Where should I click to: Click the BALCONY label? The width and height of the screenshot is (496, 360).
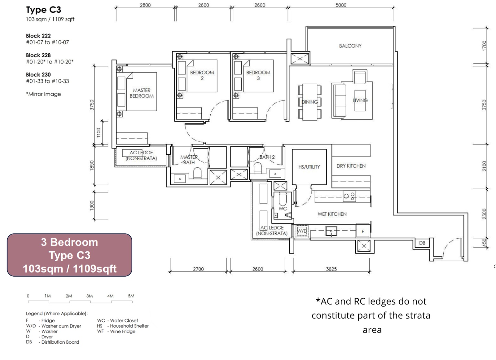tap(350, 46)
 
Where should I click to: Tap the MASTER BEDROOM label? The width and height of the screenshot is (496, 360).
tap(141, 93)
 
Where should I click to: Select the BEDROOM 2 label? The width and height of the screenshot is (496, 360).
tap(202, 75)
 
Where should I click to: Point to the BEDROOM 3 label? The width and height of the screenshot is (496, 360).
tap(258, 75)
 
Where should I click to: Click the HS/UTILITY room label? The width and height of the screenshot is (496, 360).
tap(309, 167)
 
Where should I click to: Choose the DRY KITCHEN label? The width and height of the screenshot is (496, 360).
tap(351, 166)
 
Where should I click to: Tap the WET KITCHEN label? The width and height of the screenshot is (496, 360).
tap(332, 214)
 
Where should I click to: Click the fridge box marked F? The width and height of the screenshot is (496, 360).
tap(362, 231)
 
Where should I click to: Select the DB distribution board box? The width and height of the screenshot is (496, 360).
tap(422, 243)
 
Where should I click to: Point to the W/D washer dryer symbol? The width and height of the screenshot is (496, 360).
tap(302, 231)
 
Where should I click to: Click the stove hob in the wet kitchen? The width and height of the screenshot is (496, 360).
tap(349, 197)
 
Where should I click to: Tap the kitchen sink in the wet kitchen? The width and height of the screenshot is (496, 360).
tap(331, 231)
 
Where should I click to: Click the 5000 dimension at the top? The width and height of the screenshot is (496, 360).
tap(341, 5)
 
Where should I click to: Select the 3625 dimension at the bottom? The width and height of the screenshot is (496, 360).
tap(331, 269)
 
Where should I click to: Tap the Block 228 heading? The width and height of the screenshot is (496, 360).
tap(38, 55)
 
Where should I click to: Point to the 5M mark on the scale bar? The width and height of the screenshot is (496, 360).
tap(131, 296)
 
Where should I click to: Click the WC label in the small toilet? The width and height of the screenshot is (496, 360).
tap(283, 208)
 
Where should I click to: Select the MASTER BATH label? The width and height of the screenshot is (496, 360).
tap(189, 160)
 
